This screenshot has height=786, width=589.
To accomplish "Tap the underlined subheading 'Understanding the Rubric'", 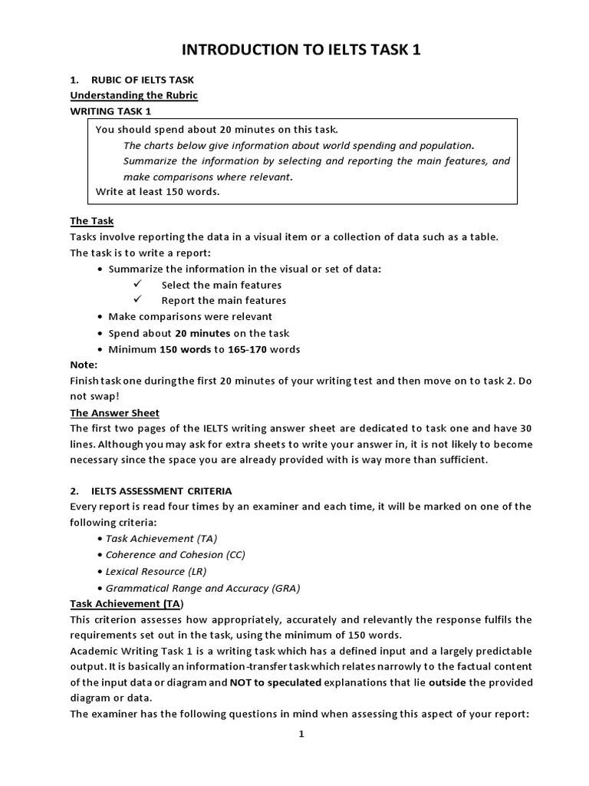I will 133,95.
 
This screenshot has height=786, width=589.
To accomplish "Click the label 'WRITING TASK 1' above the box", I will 110,111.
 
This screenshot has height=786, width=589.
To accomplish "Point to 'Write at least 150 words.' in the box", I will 157,191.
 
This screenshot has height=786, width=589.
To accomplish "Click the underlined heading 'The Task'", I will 91,221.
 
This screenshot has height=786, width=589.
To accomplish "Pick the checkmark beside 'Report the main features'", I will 138,300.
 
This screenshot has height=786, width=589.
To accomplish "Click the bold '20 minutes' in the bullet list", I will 202,333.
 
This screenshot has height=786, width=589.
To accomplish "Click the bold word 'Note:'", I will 84,365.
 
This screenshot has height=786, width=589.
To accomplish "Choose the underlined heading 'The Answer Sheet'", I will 114,413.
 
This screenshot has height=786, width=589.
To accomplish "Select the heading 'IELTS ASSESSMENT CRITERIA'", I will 161,490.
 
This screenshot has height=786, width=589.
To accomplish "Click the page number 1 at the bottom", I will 301,734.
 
